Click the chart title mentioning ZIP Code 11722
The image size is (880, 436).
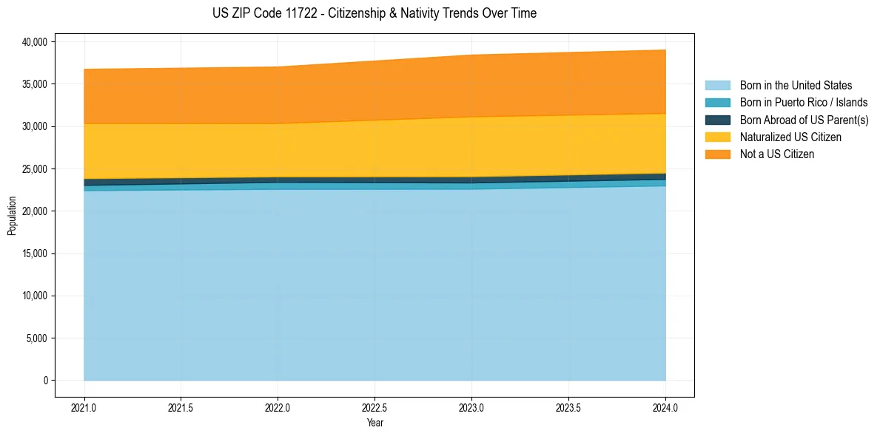[x=374, y=13]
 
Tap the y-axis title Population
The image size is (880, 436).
[x=12, y=216]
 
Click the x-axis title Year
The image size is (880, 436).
[x=374, y=423]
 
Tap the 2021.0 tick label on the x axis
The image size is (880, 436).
[x=84, y=407]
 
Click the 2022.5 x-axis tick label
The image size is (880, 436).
[x=374, y=407]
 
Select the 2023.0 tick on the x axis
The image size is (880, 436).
[x=471, y=407]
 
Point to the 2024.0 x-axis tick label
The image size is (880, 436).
[x=665, y=407]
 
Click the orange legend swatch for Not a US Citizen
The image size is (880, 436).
[x=717, y=154]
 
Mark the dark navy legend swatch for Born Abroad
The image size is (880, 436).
[x=717, y=120]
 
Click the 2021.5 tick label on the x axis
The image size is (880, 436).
[x=181, y=407]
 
